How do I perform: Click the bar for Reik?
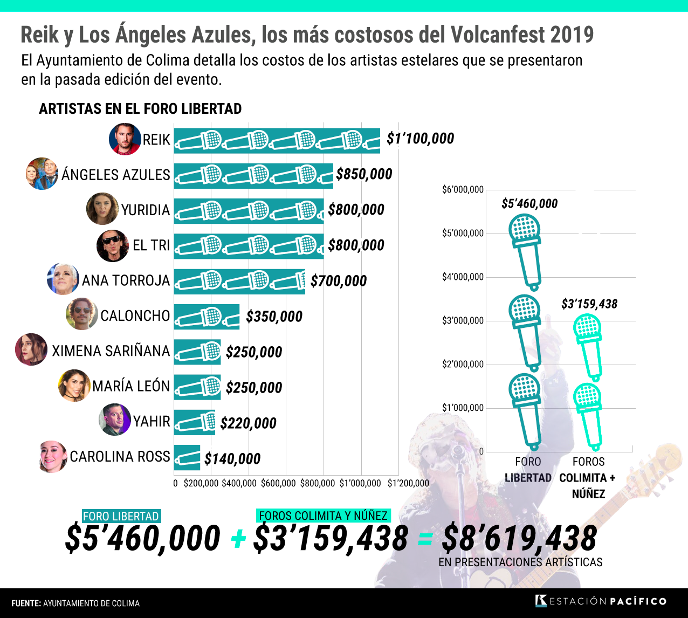coord(277,141)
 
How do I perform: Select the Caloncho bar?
coord(207,317)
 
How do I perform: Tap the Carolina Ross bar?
coord(187,458)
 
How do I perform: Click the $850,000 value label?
coord(364,174)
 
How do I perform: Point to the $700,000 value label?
coord(339,281)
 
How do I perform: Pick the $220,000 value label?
coord(248,423)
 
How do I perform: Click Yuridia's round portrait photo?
coord(102,209)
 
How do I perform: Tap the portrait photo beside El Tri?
coord(113,245)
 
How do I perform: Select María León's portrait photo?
coord(74,386)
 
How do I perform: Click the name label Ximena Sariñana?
coord(111,351)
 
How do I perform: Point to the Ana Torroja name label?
coord(126,280)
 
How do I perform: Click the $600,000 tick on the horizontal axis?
coord(278,483)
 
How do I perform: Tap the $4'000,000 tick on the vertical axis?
coord(463,277)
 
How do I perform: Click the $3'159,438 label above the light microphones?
coord(589,304)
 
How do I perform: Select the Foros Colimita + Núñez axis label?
coord(588,478)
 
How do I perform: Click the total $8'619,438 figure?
coord(519,538)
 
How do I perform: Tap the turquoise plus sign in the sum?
coord(238,539)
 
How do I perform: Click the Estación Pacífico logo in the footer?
coord(601,601)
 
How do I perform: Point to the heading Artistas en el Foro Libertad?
coord(140,109)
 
